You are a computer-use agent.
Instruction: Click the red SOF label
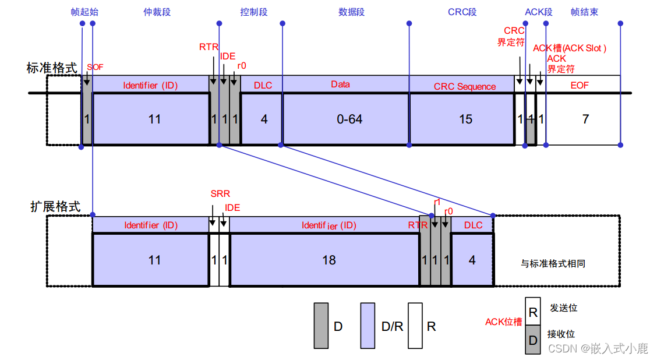pyautogui.click(x=95, y=67)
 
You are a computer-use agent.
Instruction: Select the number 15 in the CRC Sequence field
pyautogui.click(x=465, y=119)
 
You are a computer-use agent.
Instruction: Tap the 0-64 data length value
pyautogui.click(x=349, y=119)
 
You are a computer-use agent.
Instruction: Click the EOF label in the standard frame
pyautogui.click(x=580, y=85)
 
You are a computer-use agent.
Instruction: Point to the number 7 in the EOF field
pyautogui.click(x=585, y=119)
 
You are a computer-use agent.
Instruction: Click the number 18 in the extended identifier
pyautogui.click(x=329, y=260)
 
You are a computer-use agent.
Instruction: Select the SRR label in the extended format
pyautogui.click(x=220, y=193)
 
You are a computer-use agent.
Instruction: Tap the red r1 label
pyautogui.click(x=437, y=202)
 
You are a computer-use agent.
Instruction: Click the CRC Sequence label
pyautogui.click(x=465, y=86)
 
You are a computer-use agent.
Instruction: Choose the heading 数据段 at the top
pyautogui.click(x=351, y=12)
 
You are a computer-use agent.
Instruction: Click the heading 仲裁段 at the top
pyautogui.click(x=157, y=12)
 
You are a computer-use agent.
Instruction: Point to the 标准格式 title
pyautogui.click(x=52, y=68)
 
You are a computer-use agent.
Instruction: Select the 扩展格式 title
pyautogui.click(x=55, y=206)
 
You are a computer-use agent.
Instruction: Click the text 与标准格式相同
pyautogui.click(x=553, y=263)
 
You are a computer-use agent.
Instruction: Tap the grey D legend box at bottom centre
pyautogui.click(x=321, y=326)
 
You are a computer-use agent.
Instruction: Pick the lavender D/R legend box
pyautogui.click(x=368, y=326)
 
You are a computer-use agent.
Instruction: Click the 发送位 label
pyautogui.click(x=563, y=307)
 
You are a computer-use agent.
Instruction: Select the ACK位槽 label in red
pyautogui.click(x=503, y=322)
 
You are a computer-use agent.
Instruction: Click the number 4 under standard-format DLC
pyautogui.click(x=264, y=119)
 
